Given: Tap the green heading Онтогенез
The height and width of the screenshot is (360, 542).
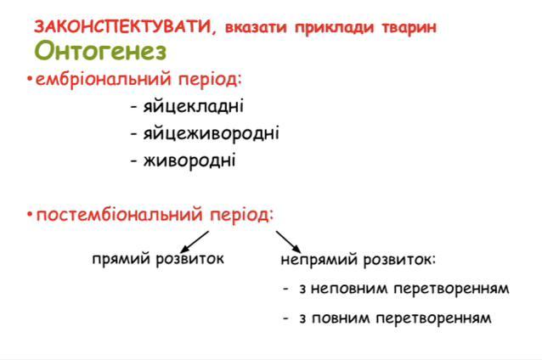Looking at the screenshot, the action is tap(100, 51).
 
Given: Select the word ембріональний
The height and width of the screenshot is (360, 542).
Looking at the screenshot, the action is tap(104, 79).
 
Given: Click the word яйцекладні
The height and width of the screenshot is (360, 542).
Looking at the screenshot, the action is tap(193, 106).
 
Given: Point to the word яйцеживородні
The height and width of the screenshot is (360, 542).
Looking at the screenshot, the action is tap(212, 133).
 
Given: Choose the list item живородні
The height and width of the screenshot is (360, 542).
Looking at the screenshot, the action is tap(189, 160).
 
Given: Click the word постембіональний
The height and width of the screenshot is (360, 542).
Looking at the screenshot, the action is tap(119, 215).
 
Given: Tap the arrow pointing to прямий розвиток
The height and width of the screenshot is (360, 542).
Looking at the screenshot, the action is tap(195, 241).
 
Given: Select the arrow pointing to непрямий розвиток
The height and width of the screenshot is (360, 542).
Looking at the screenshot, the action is tap(288, 241).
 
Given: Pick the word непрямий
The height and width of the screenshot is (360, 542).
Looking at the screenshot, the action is tap(319, 260).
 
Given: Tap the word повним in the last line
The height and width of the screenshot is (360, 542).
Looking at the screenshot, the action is tap(341, 318).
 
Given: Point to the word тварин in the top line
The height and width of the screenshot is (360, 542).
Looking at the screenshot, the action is tap(409, 27).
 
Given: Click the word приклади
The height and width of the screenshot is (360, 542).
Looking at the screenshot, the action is tap(334, 27).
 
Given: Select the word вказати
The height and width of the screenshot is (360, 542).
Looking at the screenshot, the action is tap(256, 27).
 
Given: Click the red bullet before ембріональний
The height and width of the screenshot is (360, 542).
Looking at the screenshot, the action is tap(30, 79).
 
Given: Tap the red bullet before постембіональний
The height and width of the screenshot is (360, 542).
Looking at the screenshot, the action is tap(30, 215).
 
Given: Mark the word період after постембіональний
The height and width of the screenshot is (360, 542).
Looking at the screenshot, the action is tap(242, 215).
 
